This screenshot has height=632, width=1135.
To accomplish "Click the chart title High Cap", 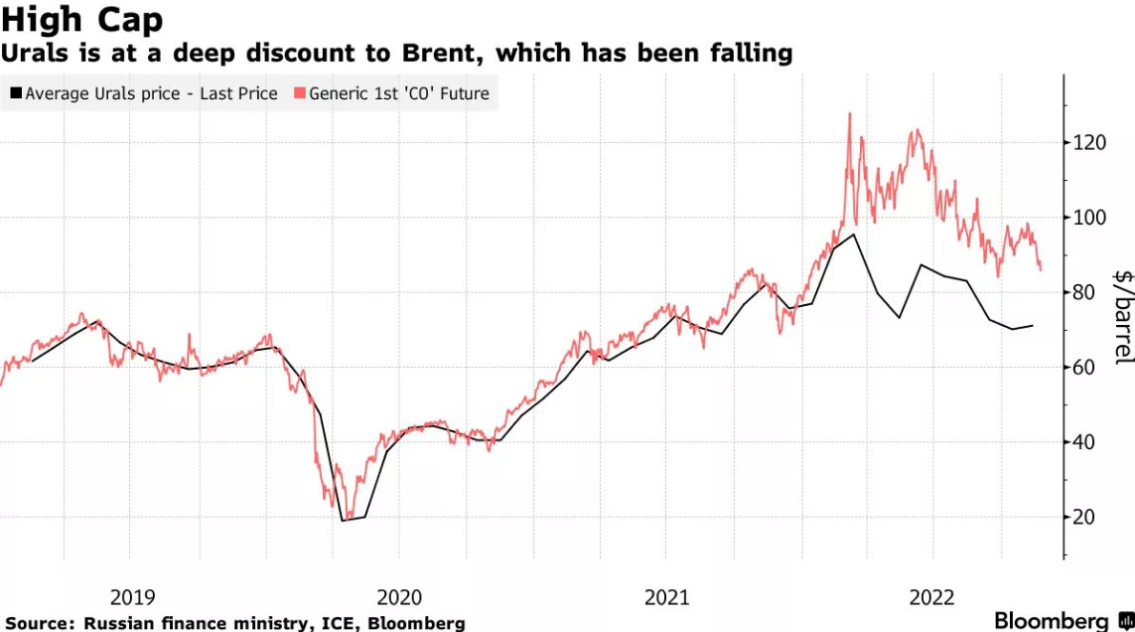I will pos(81,19).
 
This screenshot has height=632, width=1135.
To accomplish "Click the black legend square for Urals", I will pos(16,94).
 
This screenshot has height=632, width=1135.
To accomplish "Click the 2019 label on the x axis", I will pos(132,597).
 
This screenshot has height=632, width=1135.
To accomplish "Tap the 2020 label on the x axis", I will pos(399,597).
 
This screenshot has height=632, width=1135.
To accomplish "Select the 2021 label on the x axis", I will pos(666,597).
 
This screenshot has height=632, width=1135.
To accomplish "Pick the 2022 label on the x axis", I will pos(932,597).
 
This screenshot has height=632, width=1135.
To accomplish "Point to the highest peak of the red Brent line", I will pos(850,114).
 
